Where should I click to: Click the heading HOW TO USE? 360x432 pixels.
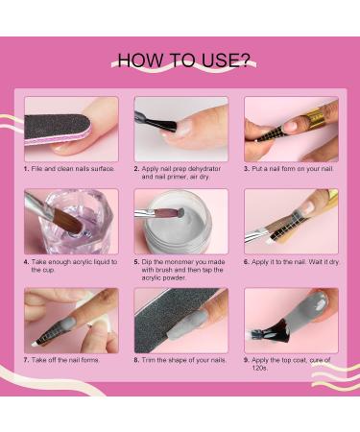pos(181,60)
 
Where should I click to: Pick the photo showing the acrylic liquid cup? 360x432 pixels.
pos(70,221)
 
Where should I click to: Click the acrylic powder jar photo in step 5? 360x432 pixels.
pos(180,221)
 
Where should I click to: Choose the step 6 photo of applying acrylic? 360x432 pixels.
pos(290,221)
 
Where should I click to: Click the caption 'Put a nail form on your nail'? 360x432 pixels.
pos(293,169)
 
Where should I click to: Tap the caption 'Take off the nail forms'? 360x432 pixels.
pos(67,360)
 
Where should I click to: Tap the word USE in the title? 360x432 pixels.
pos(227,60)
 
